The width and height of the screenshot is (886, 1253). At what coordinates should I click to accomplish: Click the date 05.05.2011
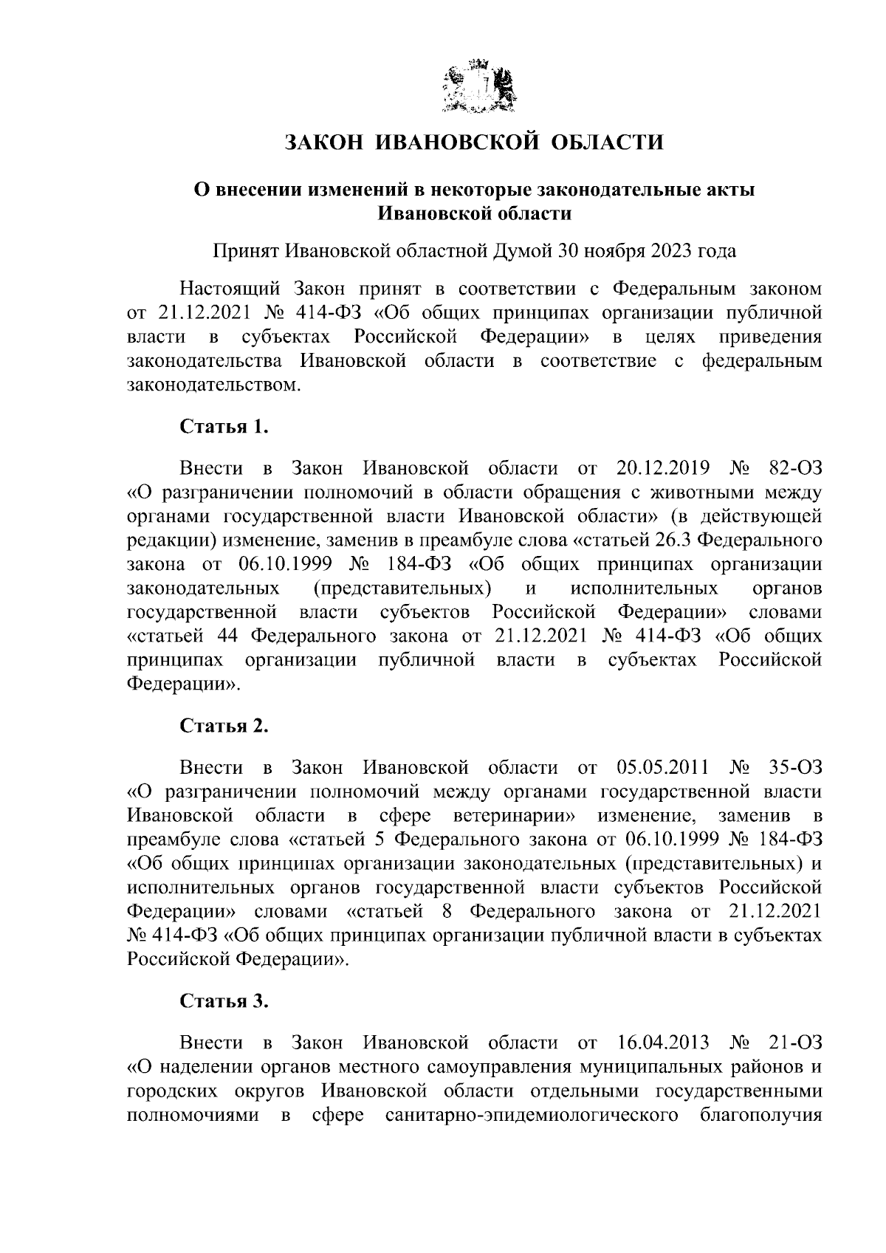pyautogui.click(x=662, y=768)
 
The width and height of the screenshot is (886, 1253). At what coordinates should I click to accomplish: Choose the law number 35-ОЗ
pyautogui.click(x=795, y=768)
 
